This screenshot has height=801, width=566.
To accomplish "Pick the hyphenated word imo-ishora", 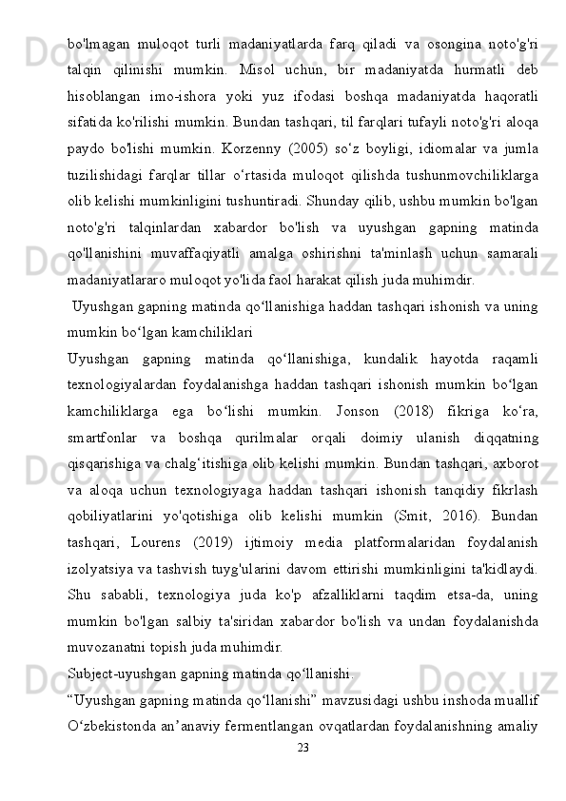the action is (187, 98).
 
